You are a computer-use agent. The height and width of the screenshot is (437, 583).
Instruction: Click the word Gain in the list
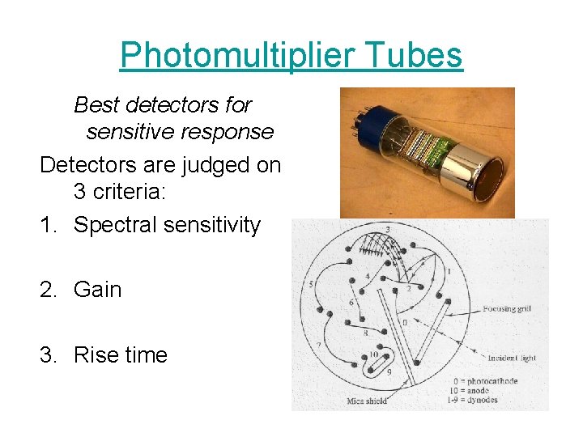tap(97, 289)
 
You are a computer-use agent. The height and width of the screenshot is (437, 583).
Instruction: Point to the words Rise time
tap(120, 354)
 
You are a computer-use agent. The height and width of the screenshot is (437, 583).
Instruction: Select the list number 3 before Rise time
tap(48, 354)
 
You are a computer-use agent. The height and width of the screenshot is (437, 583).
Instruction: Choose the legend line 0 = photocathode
tap(485, 381)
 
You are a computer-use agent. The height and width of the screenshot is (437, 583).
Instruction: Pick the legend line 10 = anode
tap(473, 390)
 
